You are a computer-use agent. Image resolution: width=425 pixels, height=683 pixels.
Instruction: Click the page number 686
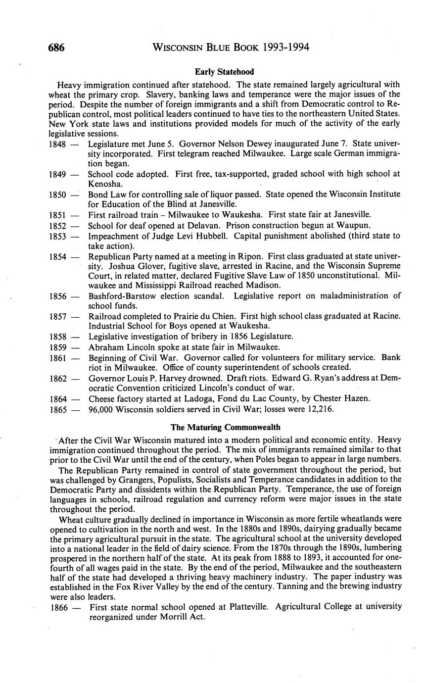57,48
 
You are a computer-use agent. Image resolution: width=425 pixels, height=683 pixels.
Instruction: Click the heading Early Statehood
224,72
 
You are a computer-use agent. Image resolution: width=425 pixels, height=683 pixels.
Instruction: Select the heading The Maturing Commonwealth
225,427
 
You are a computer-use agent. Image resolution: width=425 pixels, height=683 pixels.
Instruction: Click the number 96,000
101,409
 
